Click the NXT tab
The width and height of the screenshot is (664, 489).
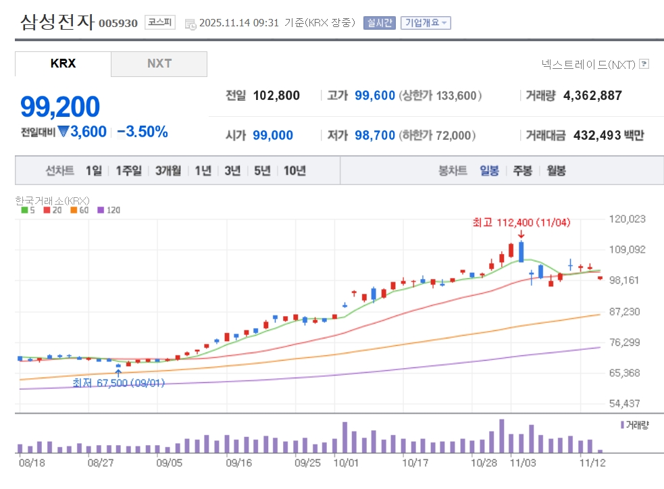click(159, 63)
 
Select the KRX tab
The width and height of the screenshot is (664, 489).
click(63, 63)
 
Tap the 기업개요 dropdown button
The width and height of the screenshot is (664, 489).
click(426, 23)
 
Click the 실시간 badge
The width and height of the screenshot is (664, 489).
click(379, 23)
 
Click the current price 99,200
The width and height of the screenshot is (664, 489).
click(60, 107)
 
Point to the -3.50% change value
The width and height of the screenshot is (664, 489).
click(143, 132)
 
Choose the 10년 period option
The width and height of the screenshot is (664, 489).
click(295, 171)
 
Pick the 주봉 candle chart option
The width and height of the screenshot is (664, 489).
click(522, 171)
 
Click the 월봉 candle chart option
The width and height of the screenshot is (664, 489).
click(557, 171)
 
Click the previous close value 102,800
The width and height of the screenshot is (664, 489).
click(276, 96)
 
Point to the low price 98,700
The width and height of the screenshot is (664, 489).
click(375, 136)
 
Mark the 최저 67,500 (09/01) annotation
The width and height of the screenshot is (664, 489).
click(119, 383)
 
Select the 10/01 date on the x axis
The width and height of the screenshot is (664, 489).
click(345, 463)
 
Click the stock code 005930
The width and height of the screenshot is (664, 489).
click(118, 24)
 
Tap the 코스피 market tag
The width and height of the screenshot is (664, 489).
click(159, 22)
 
